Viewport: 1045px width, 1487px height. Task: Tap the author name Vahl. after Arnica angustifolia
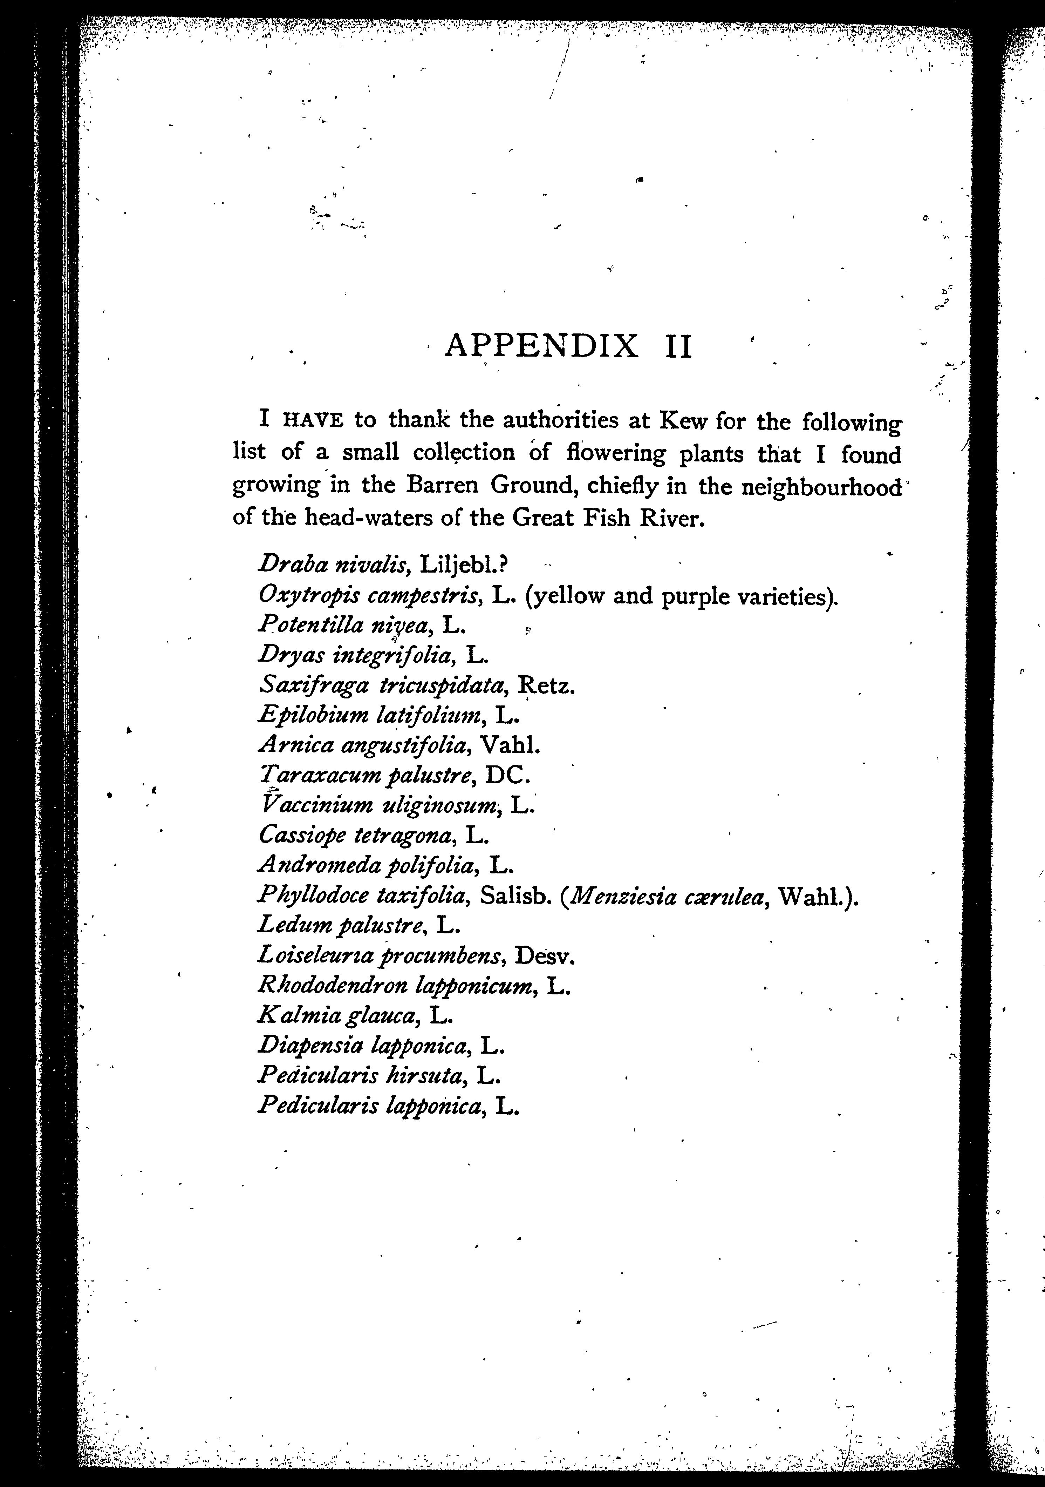pos(512,745)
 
